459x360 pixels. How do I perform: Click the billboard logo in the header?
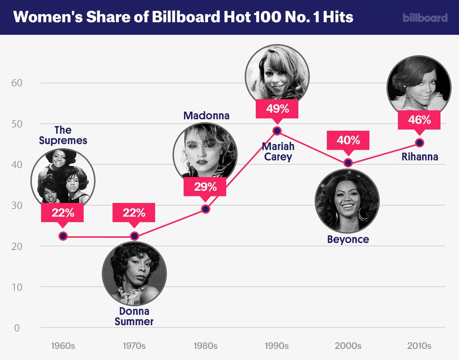[425, 17]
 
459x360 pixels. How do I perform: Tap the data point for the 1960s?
[63, 236]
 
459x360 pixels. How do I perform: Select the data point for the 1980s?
[205, 209]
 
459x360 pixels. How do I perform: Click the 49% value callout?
[277, 109]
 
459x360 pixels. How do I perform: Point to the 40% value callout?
[348, 140]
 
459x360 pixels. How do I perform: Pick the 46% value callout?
[419, 120]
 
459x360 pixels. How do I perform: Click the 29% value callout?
[205, 186]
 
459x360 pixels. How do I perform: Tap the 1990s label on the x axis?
[277, 346]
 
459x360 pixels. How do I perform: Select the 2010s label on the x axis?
[419, 346]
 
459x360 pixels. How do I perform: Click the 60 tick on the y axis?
[17, 83]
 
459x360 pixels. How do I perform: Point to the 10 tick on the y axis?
[17, 287]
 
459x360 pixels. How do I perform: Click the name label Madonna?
[206, 116]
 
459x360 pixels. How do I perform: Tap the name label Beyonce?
[348, 239]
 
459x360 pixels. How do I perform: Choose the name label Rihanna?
[420, 157]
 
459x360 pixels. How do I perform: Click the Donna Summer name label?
[134, 316]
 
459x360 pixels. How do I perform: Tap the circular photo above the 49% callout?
[277, 76]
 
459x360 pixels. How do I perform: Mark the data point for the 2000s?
[348, 163]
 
